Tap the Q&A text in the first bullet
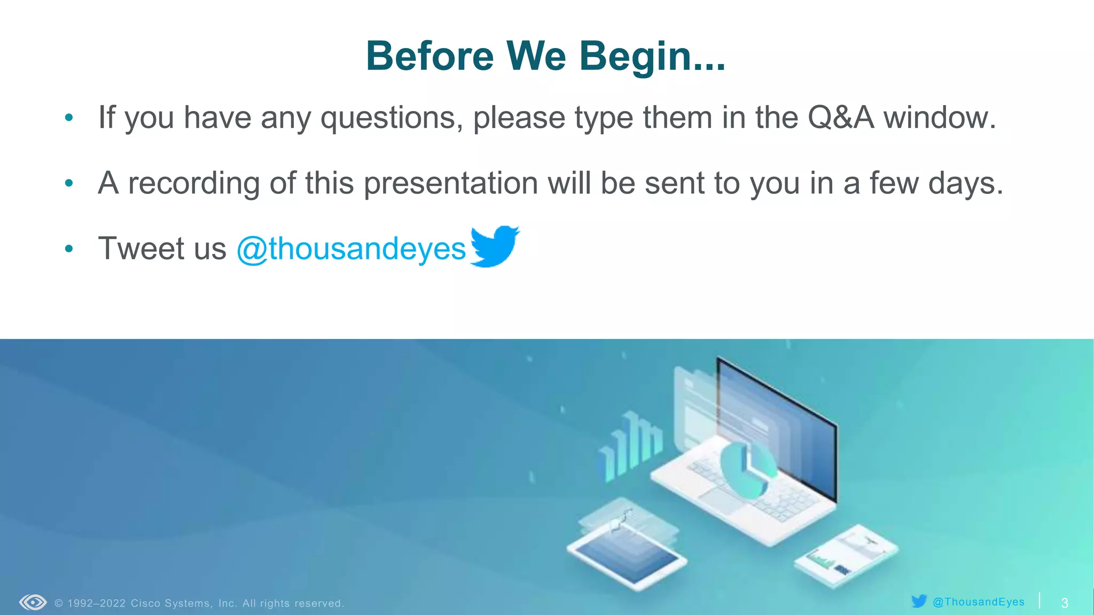(x=840, y=117)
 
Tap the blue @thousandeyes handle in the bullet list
(x=351, y=249)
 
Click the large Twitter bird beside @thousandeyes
(x=494, y=246)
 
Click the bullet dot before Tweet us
(x=68, y=249)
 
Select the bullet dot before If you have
(x=68, y=118)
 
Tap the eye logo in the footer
(x=33, y=603)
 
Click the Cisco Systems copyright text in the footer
(x=199, y=603)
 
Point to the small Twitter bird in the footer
(x=919, y=602)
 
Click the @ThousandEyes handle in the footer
(x=978, y=602)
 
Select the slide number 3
(x=1064, y=603)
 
